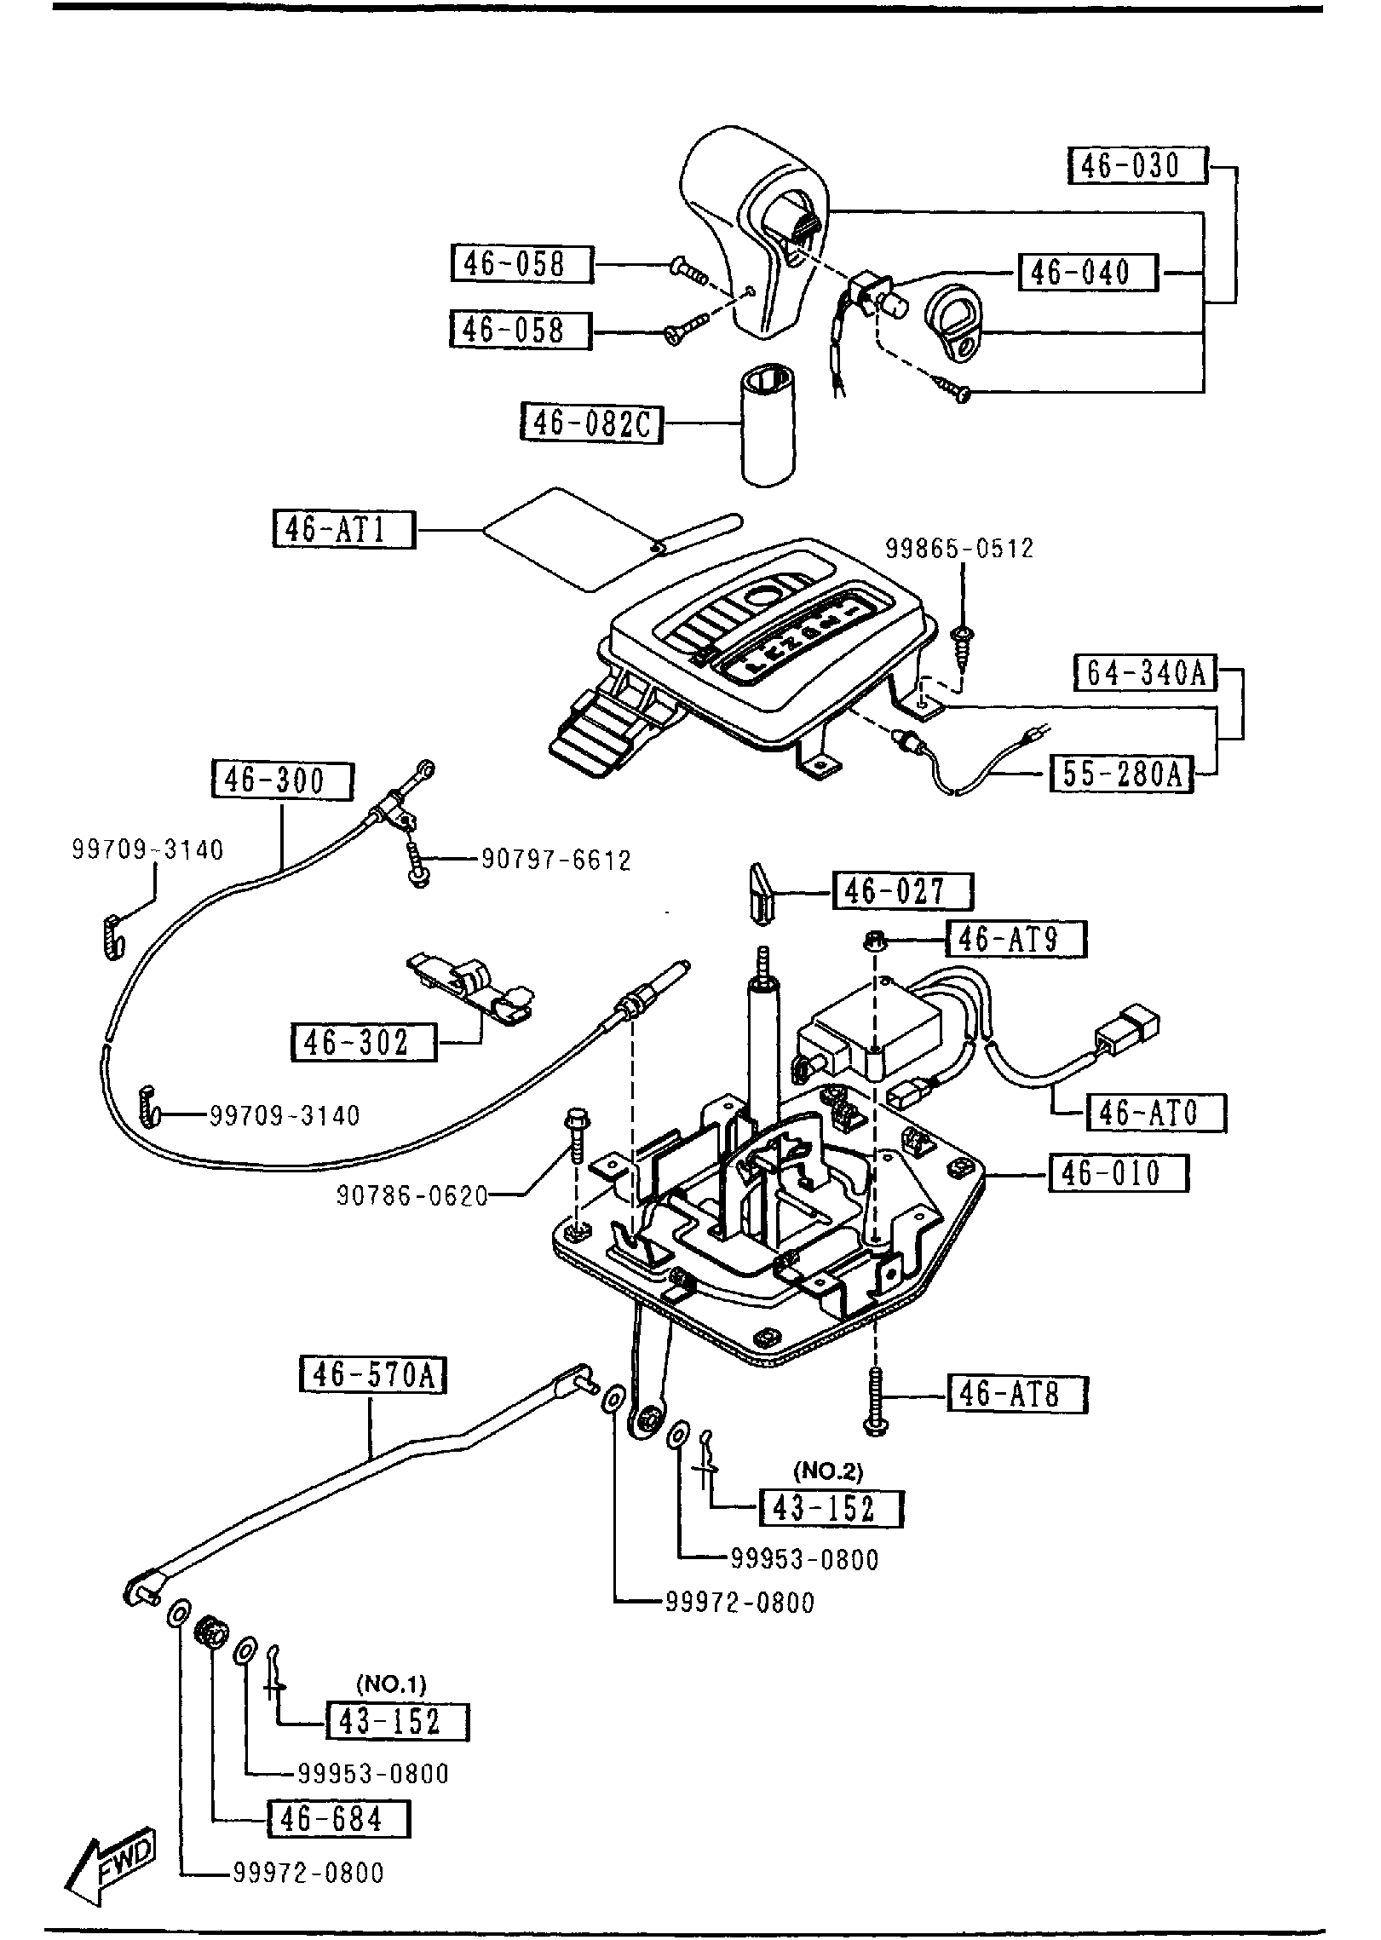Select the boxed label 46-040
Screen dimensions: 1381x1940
click(1088, 273)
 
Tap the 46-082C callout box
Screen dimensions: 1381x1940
click(591, 423)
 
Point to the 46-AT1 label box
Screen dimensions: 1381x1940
click(344, 529)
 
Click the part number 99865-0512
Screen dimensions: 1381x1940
click(959, 548)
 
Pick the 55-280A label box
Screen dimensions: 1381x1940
click(1120, 774)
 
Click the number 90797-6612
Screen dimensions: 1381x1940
click(556, 861)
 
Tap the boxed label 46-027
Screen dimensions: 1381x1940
click(902, 892)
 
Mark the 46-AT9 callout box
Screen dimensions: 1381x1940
click(1016, 941)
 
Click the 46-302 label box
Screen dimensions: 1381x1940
click(364, 1042)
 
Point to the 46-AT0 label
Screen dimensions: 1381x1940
click(1156, 1113)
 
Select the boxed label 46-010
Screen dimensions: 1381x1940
click(1118, 1173)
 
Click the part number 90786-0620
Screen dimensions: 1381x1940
click(412, 1197)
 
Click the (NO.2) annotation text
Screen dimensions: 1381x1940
click(828, 1471)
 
